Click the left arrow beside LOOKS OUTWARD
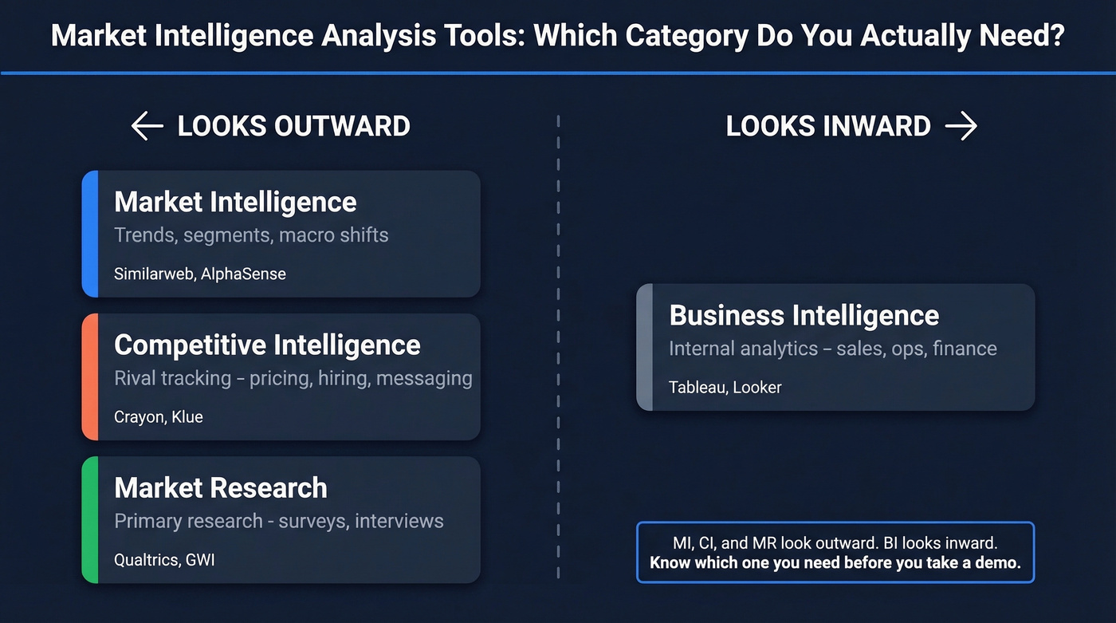point(147,126)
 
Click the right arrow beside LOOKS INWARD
point(961,126)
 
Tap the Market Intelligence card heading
point(235,202)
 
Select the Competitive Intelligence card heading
point(267,345)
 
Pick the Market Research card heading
point(221,487)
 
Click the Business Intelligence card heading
point(804,315)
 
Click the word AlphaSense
point(243,274)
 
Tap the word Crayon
point(139,416)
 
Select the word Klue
point(187,416)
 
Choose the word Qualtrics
point(146,559)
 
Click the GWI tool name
point(200,559)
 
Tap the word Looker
point(757,388)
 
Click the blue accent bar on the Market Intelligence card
point(89,234)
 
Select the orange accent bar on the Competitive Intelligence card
point(89,377)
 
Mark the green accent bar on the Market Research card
point(89,519)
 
